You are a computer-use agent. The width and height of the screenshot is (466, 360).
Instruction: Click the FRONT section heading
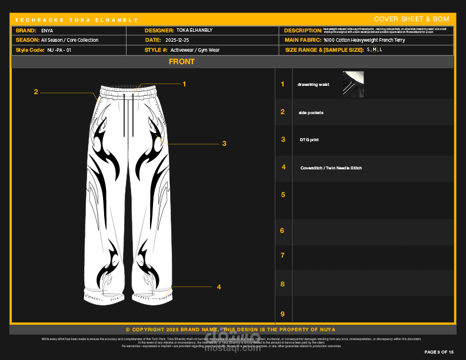[182, 62]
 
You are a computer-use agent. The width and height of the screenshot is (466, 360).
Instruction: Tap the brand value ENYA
[47, 30]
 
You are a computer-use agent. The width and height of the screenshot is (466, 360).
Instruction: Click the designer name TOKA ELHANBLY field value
[194, 30]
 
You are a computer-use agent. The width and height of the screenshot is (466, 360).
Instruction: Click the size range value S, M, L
[374, 50]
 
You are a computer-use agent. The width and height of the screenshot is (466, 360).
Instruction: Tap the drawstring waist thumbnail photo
[352, 84]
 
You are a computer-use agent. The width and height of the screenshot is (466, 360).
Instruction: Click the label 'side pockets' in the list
[311, 112]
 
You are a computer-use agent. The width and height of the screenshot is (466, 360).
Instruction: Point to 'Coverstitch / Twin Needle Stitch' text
[331, 168]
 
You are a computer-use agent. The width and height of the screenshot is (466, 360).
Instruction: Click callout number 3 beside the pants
[224, 143]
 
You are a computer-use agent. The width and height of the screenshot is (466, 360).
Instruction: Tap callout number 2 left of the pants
[36, 92]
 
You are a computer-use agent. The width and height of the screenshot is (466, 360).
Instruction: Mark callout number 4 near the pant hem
[218, 287]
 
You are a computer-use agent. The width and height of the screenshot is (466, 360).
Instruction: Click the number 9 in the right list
[282, 314]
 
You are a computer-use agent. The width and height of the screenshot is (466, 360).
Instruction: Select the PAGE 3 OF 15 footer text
[439, 352]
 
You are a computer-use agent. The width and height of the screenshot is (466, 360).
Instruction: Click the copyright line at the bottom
[231, 329]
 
